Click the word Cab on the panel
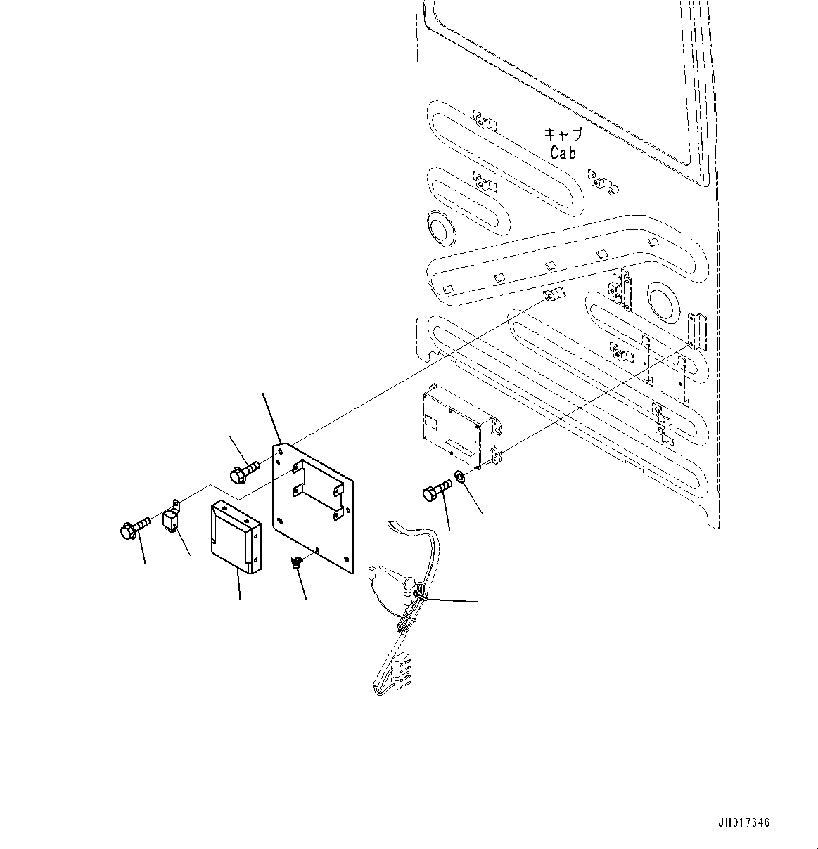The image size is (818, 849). (563, 153)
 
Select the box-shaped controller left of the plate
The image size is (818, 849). (234, 538)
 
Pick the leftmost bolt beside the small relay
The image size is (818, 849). (133, 527)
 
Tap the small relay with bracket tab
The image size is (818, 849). (171, 520)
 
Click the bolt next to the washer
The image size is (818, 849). (437, 491)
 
